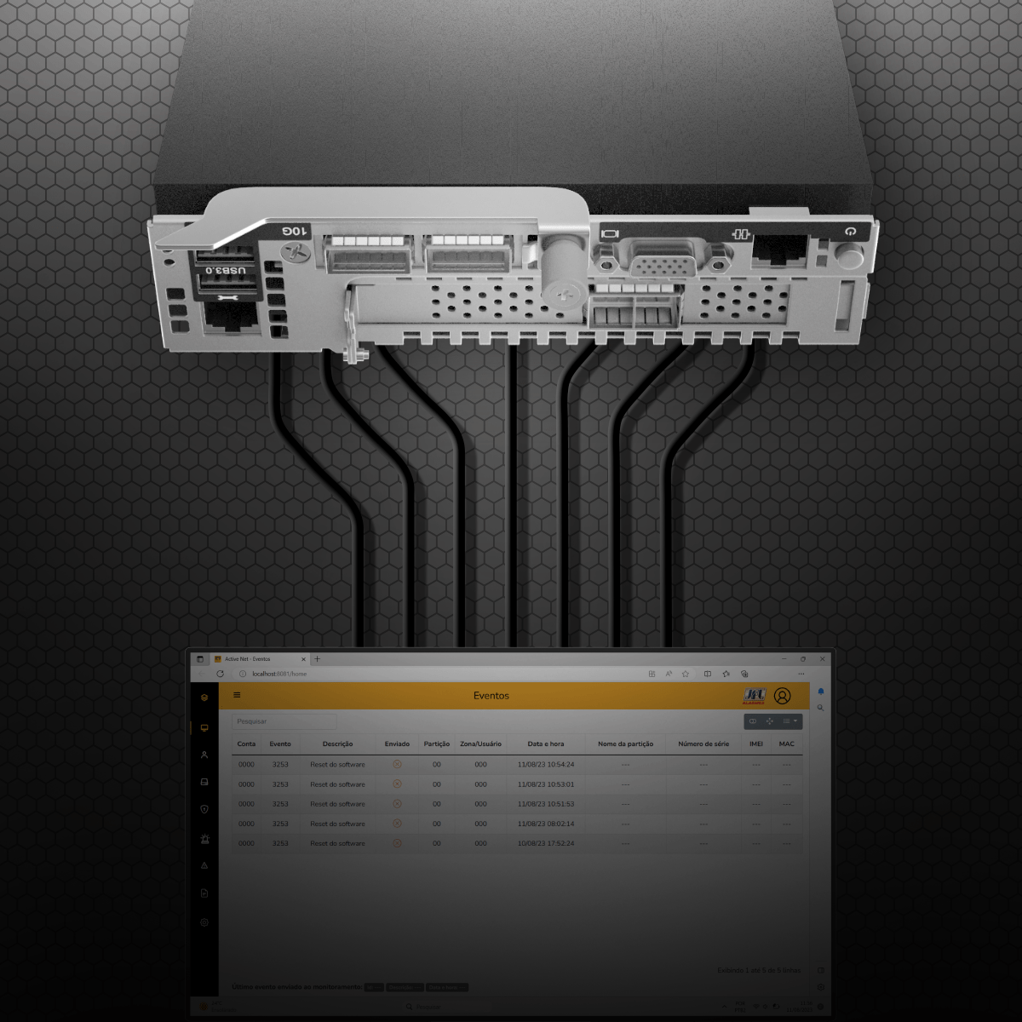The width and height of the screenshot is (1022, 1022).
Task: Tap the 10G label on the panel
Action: (x=295, y=231)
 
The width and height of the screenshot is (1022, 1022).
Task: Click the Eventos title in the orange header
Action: (x=491, y=696)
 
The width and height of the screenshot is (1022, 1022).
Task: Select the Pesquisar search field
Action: (x=284, y=721)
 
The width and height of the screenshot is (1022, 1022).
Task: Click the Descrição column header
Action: (x=338, y=744)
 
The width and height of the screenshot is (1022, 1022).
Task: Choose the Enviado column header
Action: (x=397, y=744)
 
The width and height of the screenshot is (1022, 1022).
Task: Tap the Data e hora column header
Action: (x=546, y=744)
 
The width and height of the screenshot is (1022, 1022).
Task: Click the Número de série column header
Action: (x=703, y=744)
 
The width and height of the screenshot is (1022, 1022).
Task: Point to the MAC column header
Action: (x=786, y=744)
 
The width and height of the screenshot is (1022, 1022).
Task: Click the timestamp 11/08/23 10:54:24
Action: (x=546, y=765)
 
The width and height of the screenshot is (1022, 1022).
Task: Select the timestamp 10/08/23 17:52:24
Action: (x=546, y=843)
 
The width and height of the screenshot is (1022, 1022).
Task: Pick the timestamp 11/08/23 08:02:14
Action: (x=546, y=824)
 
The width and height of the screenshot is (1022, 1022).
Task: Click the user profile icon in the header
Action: (x=783, y=696)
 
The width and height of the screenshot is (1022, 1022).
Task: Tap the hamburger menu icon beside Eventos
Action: (x=237, y=695)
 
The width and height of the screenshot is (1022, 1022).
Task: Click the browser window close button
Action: (x=822, y=658)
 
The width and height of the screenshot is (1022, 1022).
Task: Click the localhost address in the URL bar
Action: (x=279, y=674)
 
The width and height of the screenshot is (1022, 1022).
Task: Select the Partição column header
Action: (x=437, y=744)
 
